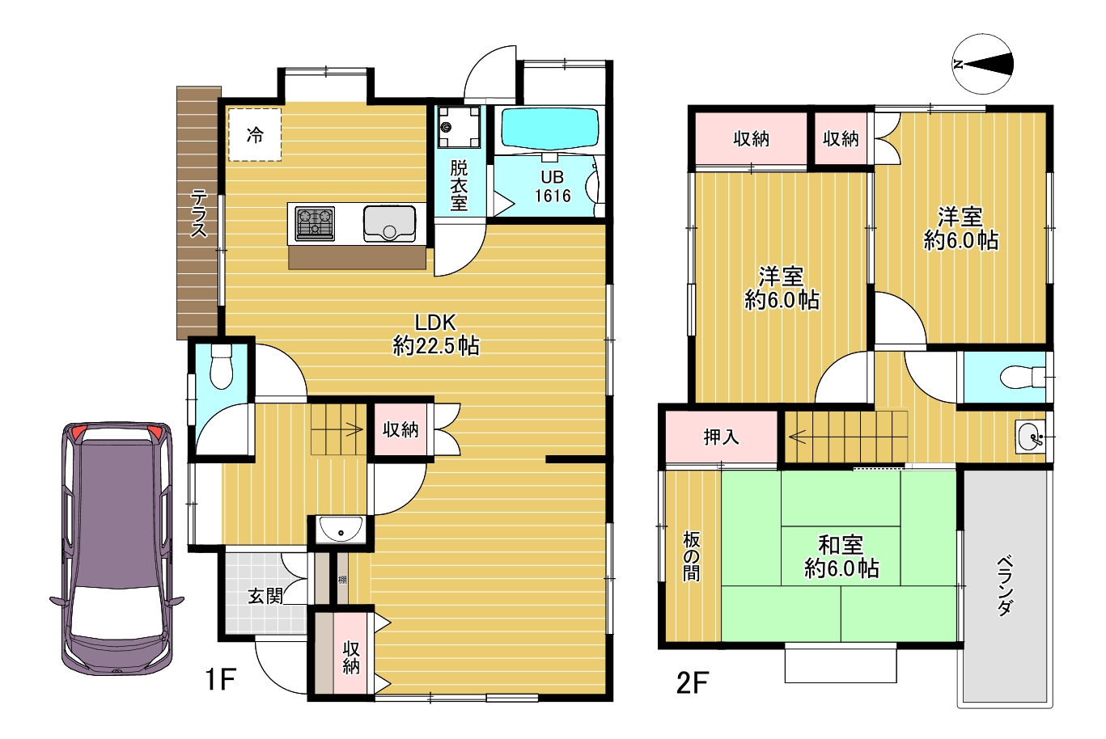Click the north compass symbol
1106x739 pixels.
pos(982,64)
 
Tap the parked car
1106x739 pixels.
pos(117,548)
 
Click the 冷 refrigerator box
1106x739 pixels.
pos(255,134)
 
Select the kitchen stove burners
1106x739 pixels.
pos(315,223)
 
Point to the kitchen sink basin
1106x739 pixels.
pos(390,223)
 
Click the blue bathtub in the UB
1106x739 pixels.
pos(550,128)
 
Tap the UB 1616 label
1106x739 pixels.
pos(553,187)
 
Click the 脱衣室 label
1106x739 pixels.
pos(459,185)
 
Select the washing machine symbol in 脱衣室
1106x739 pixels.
pos(460,127)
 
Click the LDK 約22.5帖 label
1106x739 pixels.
pos(435,335)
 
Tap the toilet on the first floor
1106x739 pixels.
pos(221,366)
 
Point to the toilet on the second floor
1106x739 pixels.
pos(1023,378)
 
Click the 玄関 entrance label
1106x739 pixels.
pos(265,597)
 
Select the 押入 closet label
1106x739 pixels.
pos(722,437)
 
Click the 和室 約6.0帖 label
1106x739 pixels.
pos(841,557)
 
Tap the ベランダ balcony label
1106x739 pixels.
pos(1006,585)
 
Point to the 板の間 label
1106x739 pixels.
pos(691,556)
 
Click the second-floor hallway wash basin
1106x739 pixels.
pos(1030,437)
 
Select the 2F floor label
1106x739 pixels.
pos(693,682)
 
